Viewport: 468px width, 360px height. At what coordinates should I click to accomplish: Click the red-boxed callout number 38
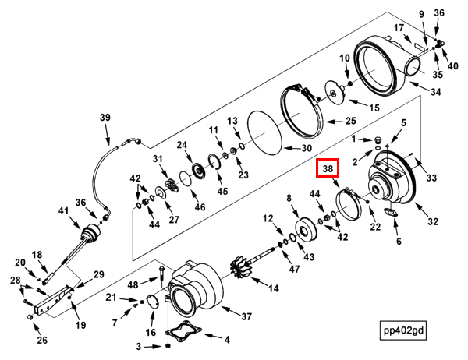coord(328,168)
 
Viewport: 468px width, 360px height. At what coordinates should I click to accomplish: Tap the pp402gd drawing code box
coord(403,330)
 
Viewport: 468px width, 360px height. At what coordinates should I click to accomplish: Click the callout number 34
coord(435,92)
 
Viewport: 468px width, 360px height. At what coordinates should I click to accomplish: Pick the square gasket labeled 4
coord(183,330)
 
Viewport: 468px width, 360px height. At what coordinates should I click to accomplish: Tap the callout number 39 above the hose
coord(105,117)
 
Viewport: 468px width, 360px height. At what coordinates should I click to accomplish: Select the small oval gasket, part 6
coord(391,213)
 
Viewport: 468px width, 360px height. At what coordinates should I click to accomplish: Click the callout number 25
coord(351,121)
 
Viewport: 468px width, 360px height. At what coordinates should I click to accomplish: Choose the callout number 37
coord(246,316)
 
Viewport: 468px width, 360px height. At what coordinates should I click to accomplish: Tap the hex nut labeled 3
coord(168,346)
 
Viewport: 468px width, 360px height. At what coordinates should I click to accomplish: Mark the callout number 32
coord(433,221)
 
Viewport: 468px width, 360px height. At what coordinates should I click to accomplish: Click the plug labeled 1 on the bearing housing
coord(378,140)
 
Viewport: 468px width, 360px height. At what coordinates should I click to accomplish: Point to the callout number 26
coord(42,340)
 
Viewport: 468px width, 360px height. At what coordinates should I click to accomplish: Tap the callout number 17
coord(399,28)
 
